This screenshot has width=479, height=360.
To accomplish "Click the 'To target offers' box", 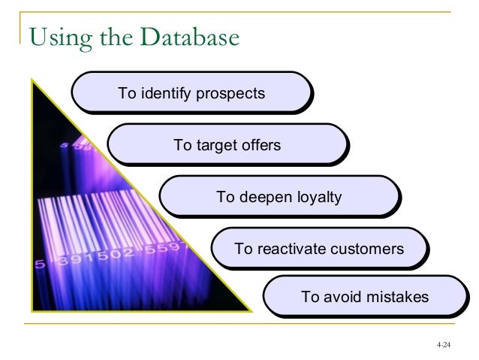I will [227, 145].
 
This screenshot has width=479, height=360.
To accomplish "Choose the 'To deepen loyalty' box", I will [279, 197].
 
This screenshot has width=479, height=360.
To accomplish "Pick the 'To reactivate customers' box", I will [318, 249].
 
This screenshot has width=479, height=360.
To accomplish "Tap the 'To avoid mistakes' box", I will [365, 298].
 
